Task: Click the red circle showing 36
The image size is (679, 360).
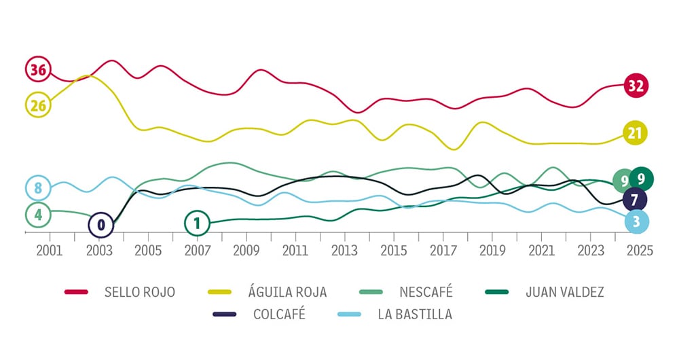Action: click(x=38, y=69)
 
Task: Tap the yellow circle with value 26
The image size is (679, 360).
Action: click(x=38, y=105)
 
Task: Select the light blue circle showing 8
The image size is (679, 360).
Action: click(x=38, y=187)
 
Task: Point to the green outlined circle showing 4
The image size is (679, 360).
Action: click(x=38, y=215)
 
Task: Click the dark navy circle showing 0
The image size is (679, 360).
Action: click(x=101, y=224)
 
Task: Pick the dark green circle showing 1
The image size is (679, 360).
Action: click(x=197, y=222)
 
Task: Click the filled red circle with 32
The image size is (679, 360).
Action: click(x=636, y=86)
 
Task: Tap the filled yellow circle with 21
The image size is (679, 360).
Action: click(x=634, y=133)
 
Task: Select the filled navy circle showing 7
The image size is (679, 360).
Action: click(x=634, y=200)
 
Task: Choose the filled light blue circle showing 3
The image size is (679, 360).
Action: click(x=636, y=221)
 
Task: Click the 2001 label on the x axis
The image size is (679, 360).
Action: click(x=50, y=250)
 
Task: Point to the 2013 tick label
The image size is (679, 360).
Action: click(x=344, y=250)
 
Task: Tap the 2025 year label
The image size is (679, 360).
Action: click(x=640, y=250)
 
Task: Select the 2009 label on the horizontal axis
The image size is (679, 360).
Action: click(x=246, y=250)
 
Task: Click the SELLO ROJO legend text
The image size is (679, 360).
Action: click(x=140, y=292)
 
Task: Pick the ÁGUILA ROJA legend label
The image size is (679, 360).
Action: click(x=287, y=292)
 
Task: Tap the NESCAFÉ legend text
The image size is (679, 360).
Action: click(x=426, y=292)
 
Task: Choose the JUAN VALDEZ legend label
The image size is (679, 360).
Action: click(x=564, y=292)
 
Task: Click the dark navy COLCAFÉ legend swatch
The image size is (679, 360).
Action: click(x=224, y=314)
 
